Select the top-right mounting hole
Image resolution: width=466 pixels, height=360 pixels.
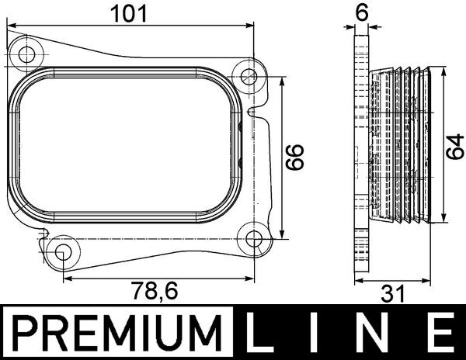249,77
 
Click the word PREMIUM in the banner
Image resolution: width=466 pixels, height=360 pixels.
113,334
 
